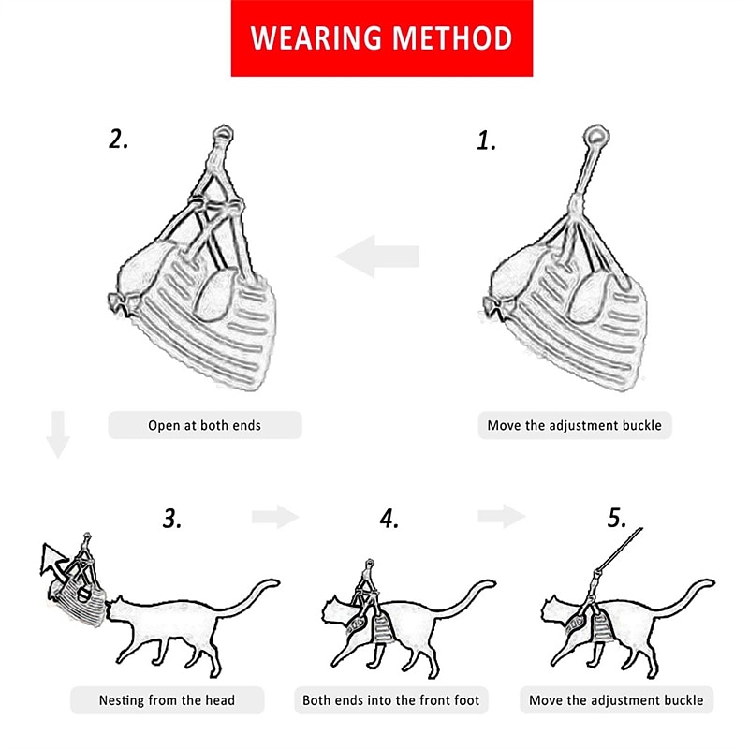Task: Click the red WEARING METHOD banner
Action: tap(382, 38)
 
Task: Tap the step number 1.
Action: tap(487, 141)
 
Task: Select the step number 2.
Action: tap(119, 139)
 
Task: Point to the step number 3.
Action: tap(172, 519)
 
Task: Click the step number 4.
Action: tap(389, 519)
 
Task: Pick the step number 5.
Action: tap(617, 518)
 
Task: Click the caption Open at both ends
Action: tap(205, 425)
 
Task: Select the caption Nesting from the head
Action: tap(168, 700)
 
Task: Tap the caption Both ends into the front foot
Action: tap(391, 700)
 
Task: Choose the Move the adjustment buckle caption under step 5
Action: tap(617, 700)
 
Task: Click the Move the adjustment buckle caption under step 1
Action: tap(575, 425)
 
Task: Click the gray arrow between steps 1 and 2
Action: tap(378, 256)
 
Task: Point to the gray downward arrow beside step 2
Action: tap(58, 434)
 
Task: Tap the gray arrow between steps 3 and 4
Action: tap(275, 517)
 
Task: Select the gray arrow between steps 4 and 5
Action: tap(502, 516)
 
